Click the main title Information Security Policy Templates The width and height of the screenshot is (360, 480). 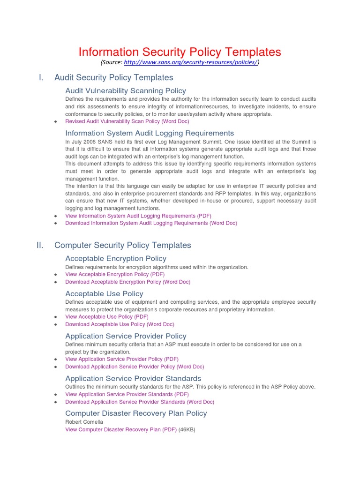coord(180,52)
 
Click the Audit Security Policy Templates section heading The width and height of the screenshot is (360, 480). coord(113,77)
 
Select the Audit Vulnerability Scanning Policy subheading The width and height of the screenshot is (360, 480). coord(126,90)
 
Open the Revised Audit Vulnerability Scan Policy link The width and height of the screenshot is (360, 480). coord(127,121)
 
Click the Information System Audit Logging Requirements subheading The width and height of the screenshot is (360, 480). coord(150,133)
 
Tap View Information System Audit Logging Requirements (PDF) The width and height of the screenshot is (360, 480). coord(138,216)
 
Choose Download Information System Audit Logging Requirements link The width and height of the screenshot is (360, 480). coord(151,223)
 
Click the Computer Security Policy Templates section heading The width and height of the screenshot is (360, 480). coord(122,245)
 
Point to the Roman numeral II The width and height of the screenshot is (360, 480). coord(40,245)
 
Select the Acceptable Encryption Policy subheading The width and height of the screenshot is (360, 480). coord(116,258)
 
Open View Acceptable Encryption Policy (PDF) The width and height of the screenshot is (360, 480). coord(115,274)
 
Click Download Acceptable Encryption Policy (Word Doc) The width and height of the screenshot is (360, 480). coord(127,282)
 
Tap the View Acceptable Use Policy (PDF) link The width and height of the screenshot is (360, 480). coord(107,317)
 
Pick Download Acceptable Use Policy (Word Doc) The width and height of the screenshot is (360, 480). coord(120,324)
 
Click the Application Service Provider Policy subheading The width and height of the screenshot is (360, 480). coord(126,336)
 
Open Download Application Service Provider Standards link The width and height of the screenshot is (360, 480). coord(140,402)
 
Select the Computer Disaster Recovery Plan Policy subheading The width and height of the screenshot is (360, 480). coord(136,413)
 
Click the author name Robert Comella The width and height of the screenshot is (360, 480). coord(84,422)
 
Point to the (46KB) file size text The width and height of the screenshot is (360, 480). coord(187,429)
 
